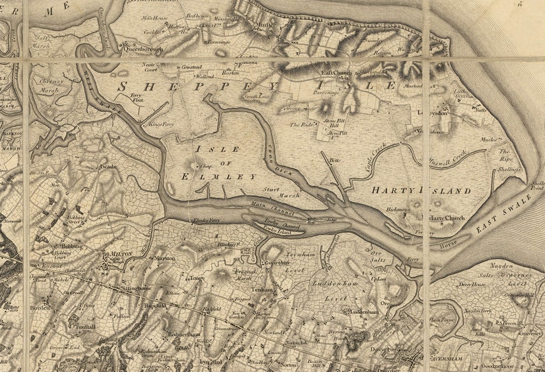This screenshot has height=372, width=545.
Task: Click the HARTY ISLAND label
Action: pos(421,190)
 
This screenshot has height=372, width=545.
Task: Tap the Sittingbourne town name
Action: pos(137,288)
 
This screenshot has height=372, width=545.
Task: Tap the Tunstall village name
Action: pos(86,327)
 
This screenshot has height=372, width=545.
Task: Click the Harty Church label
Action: pos(446,218)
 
